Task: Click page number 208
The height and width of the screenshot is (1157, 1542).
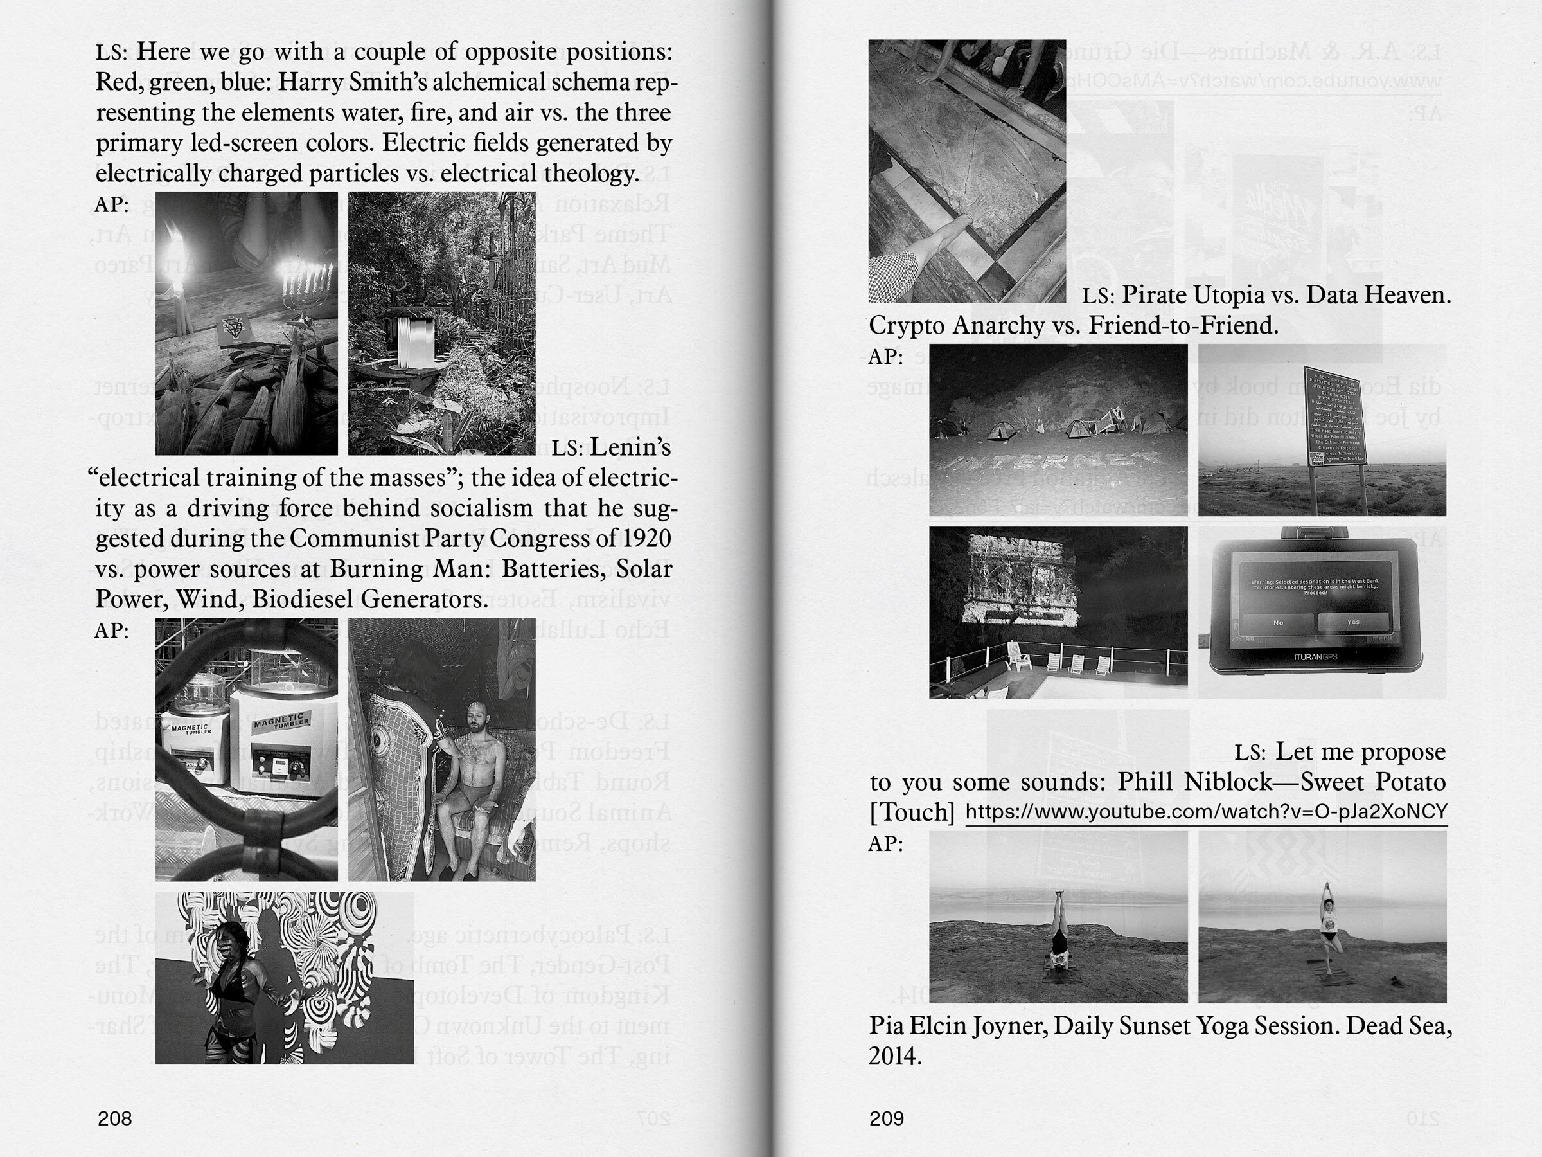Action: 114,1118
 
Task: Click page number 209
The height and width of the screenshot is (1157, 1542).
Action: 886,1118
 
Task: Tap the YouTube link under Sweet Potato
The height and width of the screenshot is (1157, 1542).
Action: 1206,812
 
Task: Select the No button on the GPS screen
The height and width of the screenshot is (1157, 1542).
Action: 1278,622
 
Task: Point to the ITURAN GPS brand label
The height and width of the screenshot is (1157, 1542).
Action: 1315,657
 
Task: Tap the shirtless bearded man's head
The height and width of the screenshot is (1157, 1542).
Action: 476,716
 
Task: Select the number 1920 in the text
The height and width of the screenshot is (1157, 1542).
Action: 647,539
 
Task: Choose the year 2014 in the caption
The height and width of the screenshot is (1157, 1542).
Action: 895,1057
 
